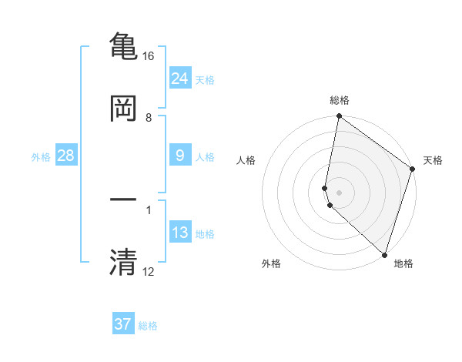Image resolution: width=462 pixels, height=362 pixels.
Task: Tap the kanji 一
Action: tap(123, 199)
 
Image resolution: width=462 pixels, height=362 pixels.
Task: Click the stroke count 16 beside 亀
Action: tap(148, 56)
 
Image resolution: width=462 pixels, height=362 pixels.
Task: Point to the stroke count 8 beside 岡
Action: tap(149, 118)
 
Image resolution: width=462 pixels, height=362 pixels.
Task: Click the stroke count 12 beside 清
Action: tap(148, 272)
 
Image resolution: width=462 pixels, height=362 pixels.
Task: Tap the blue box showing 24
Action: tap(179, 79)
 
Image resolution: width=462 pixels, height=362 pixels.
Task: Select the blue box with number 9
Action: tap(179, 156)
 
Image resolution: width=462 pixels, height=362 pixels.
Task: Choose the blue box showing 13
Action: tap(179, 233)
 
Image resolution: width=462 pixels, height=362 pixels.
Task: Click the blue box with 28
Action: tap(65, 156)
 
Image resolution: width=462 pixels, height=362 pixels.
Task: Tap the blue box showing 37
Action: tap(123, 324)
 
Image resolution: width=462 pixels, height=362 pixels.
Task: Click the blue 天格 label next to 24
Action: tap(205, 79)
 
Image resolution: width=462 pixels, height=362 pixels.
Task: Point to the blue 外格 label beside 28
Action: tap(41, 156)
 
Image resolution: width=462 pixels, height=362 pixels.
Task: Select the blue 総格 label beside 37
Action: tap(148, 325)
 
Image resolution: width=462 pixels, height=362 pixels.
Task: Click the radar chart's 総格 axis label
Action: tap(340, 100)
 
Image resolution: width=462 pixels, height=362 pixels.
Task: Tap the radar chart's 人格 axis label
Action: tap(246, 160)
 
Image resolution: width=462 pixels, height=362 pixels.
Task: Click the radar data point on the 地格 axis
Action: tap(384, 254)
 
